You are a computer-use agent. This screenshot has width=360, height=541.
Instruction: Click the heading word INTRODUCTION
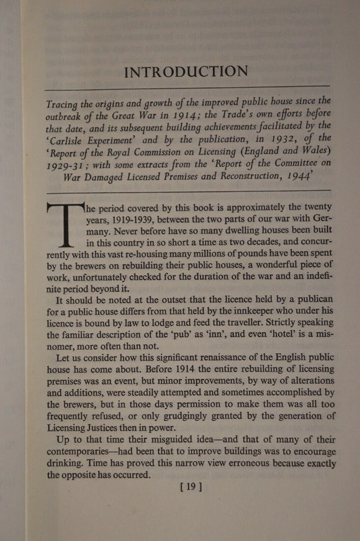(186, 72)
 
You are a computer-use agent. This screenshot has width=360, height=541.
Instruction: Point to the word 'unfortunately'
(101, 280)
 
